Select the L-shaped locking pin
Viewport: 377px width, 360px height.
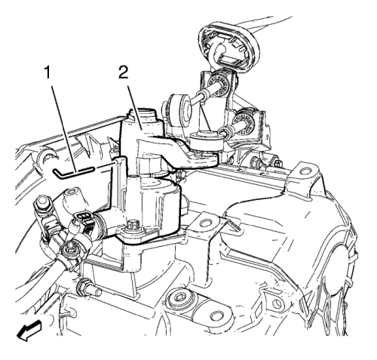coord(73,172)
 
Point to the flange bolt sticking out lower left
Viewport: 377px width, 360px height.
coord(89,288)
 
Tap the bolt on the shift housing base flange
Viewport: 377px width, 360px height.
coord(130,225)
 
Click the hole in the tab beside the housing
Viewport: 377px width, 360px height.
coord(206,223)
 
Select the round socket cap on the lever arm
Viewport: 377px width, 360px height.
coord(204,141)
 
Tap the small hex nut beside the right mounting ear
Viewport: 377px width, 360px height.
coord(278,164)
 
